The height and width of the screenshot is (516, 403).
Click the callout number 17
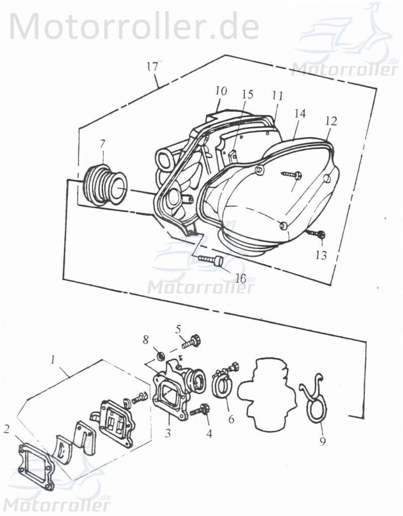[x=153, y=66]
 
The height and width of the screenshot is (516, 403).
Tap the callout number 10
[x=221, y=91]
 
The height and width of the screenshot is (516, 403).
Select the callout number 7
[x=102, y=143]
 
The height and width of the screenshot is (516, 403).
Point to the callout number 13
[x=321, y=255]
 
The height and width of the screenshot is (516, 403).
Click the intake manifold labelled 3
[x=174, y=395]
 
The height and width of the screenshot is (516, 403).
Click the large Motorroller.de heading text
[x=134, y=26]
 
